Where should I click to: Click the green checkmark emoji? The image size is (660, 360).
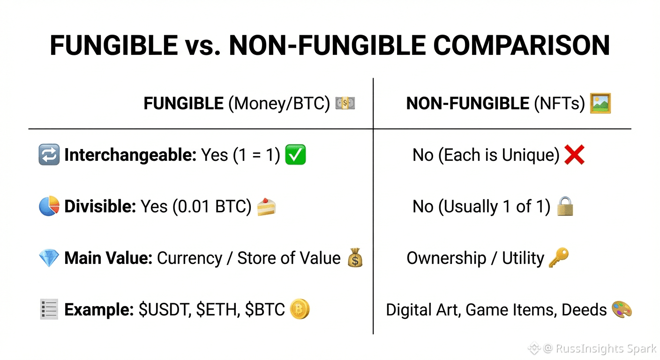[x=295, y=154]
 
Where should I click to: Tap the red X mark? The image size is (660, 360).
[x=574, y=154]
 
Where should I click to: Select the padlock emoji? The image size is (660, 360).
[x=565, y=206]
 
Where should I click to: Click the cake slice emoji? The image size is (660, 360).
[x=266, y=207]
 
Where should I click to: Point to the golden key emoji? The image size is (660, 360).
[x=559, y=257]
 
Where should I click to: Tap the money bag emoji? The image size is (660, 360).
[x=355, y=257]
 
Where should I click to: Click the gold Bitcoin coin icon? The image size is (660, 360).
[x=300, y=309]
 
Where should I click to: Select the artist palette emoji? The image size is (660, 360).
[x=622, y=309]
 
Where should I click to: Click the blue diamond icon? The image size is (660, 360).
[x=49, y=258]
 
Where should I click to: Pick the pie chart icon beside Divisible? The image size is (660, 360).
[x=49, y=206]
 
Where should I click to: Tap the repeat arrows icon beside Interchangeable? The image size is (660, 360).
[x=49, y=154]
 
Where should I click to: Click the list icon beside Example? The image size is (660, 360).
[x=49, y=309]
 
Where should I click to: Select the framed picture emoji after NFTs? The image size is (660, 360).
[x=600, y=103]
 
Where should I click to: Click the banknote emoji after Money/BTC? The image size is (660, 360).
[x=345, y=103]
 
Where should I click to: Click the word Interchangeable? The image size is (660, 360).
[x=130, y=155]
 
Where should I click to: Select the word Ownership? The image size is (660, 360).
[x=446, y=258]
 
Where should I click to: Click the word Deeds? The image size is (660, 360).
[x=584, y=310]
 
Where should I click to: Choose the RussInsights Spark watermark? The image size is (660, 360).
[x=592, y=348]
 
